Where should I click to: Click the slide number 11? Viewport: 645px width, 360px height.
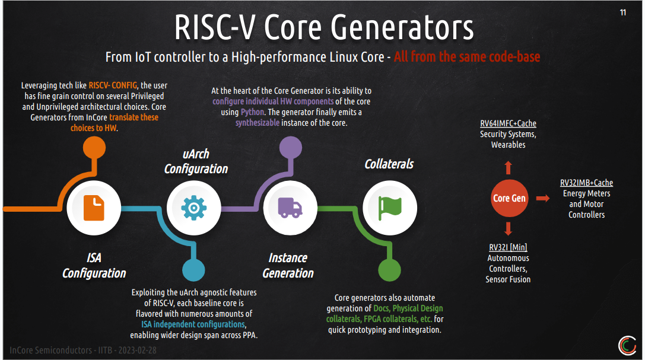pyautogui.click(x=622, y=12)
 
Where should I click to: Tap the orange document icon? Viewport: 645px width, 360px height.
pyautogui.click(x=94, y=208)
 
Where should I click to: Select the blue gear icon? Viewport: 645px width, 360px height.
pyautogui.click(x=193, y=208)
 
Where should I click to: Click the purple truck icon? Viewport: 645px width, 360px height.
pyautogui.click(x=290, y=208)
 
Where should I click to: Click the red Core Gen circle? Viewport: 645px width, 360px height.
pyautogui.click(x=509, y=198)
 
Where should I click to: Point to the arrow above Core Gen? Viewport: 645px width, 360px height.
pyautogui.click(x=509, y=167)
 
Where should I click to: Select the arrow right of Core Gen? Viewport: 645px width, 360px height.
pyautogui.click(x=543, y=198)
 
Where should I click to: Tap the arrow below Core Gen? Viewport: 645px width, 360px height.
pyautogui.click(x=509, y=230)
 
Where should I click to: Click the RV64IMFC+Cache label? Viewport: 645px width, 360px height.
pyautogui.click(x=508, y=123)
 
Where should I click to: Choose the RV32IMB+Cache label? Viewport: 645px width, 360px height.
pyautogui.click(x=586, y=183)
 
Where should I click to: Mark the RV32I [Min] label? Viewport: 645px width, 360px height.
pyautogui.click(x=508, y=247)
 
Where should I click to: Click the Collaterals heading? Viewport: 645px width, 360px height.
pyautogui.click(x=389, y=164)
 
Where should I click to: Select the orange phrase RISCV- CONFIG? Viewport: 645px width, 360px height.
pyautogui.click(x=113, y=85)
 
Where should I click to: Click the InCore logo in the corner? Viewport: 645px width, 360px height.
pyautogui.click(x=627, y=345)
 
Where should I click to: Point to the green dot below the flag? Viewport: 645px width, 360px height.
pyautogui.click(x=390, y=270)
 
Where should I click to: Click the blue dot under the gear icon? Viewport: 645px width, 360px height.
pyautogui.click(x=193, y=270)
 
